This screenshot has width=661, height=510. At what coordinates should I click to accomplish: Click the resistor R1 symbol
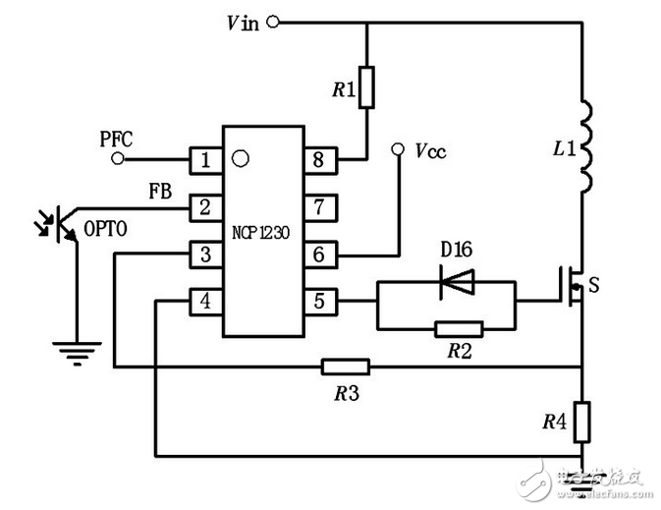(366, 86)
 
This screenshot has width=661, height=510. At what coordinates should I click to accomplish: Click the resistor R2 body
(458, 329)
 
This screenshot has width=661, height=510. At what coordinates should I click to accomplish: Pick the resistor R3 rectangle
(346, 368)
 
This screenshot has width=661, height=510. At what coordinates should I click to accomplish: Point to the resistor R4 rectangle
(583, 420)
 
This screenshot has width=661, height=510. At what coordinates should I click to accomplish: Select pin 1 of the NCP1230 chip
(205, 159)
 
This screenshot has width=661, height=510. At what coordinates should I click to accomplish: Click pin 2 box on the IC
(205, 206)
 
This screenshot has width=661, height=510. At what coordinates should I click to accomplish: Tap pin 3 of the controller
(205, 254)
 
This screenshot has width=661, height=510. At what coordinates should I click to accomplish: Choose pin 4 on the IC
(205, 301)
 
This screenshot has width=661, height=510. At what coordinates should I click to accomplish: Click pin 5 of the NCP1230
(321, 301)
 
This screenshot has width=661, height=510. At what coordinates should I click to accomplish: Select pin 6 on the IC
(321, 254)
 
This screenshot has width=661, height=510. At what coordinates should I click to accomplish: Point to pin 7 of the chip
(321, 206)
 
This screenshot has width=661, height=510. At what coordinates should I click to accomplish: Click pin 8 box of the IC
(321, 159)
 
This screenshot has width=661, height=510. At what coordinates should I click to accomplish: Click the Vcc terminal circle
(398, 150)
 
